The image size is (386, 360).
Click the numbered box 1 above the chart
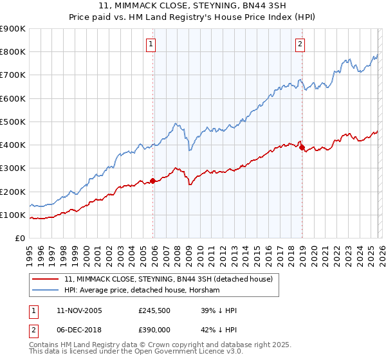151,44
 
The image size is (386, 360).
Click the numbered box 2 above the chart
300,44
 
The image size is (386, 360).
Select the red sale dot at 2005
152,181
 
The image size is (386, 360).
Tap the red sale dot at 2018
302,147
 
